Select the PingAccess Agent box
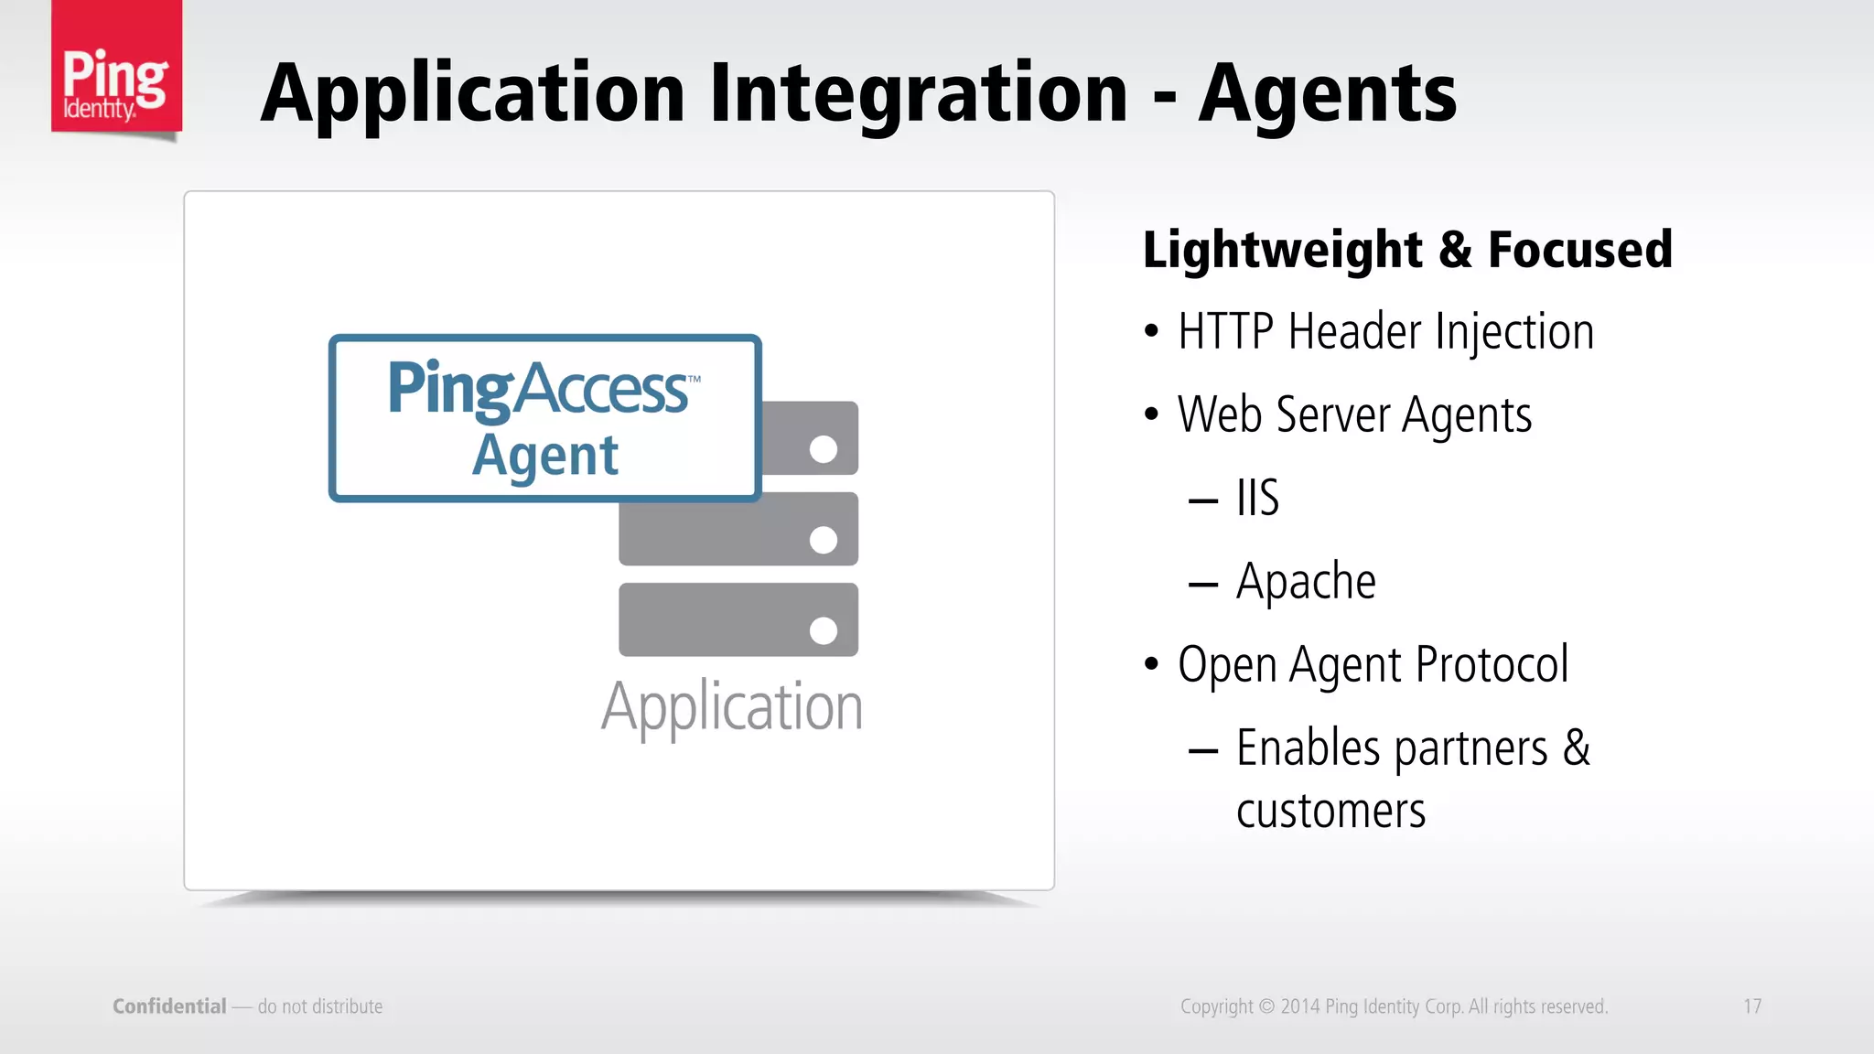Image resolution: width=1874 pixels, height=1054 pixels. coord(544,417)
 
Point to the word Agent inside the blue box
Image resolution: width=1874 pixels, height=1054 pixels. coord(545,455)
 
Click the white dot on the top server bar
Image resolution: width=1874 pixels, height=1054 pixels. coord(824,449)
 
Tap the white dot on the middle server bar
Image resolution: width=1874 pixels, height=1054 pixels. coord(824,540)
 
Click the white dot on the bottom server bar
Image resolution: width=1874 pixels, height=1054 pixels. coord(824,630)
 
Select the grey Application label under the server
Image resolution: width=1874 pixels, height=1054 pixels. coord(732,707)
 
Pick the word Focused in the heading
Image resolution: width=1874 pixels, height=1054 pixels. coord(1579,250)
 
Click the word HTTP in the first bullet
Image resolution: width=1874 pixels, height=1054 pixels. coord(1225,331)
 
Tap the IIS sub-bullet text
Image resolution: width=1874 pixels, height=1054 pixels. coord(1257,498)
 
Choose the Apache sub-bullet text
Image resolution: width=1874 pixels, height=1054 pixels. coord(1306,582)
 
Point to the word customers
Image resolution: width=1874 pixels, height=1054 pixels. coord(1330,811)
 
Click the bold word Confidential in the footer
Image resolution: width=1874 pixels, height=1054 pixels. coord(169,1006)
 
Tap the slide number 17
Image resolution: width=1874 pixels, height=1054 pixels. coord(1752,1006)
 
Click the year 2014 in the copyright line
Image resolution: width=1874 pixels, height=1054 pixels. coord(1299,1006)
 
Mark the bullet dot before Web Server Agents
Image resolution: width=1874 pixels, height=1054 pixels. coord(1151,414)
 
